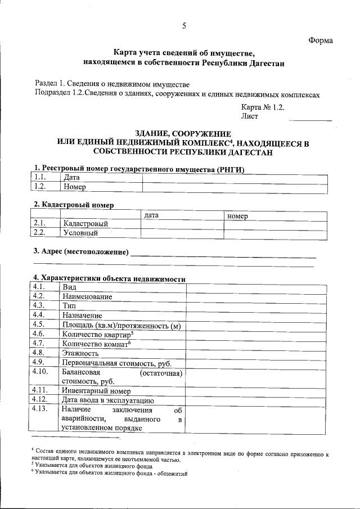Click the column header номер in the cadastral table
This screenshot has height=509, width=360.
tap(238, 215)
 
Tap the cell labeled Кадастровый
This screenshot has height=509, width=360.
tap(85, 224)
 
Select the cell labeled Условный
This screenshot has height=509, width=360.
tap(81, 233)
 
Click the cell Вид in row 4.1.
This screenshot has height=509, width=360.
tap(70, 287)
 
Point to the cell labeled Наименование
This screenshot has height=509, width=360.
tap(87, 296)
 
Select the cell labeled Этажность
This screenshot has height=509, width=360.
tap(81, 353)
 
